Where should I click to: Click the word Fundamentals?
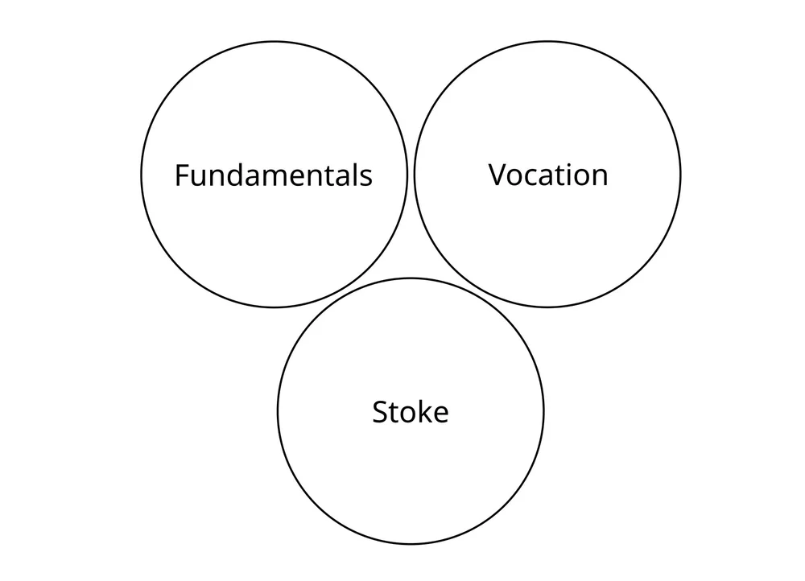point(274,175)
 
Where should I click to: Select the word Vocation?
point(548,175)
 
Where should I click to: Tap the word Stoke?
point(411,412)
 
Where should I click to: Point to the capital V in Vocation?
point(498,175)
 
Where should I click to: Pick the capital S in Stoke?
point(381,412)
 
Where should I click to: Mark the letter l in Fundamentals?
point(353,175)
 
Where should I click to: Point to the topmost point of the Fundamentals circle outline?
point(274,42)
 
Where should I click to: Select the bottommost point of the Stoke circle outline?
point(411,544)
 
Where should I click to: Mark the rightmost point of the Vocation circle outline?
point(680,174)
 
